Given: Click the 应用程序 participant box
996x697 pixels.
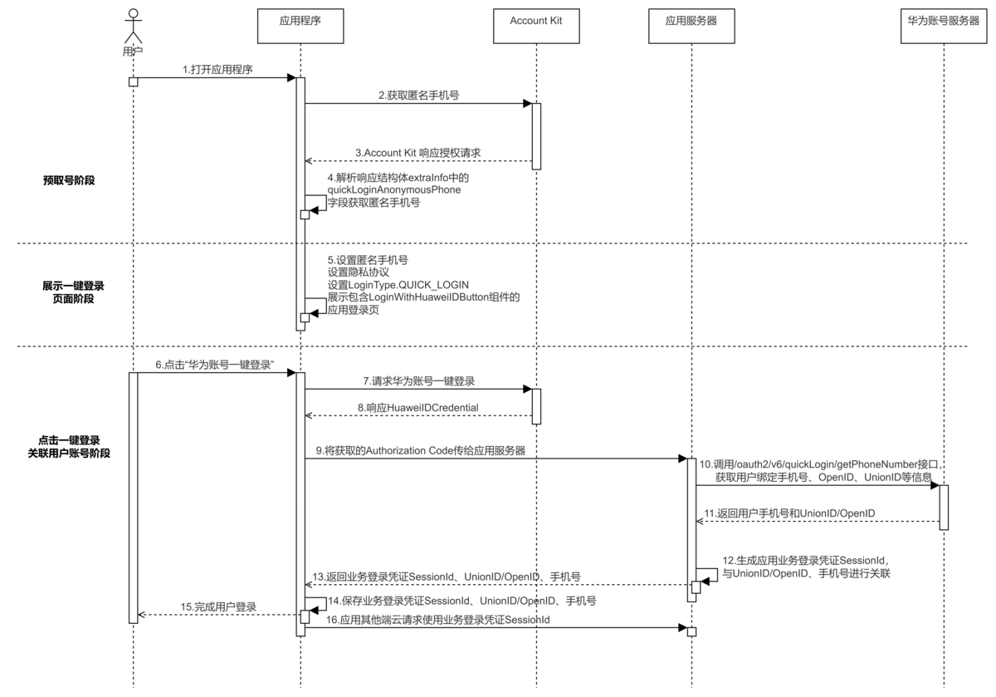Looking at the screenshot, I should [x=300, y=19].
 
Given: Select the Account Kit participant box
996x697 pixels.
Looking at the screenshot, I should [x=536, y=19].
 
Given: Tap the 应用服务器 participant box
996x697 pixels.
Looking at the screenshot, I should [x=691, y=19].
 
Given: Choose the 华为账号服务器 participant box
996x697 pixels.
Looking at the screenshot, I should [x=944, y=19].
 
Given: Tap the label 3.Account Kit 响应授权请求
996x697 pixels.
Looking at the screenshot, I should [x=417, y=153].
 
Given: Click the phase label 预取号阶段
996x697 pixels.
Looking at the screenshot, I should [x=68, y=179].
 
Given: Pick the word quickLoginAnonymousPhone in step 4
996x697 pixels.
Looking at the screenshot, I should [x=394, y=189].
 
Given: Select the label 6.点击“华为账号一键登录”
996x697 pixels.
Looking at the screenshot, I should [x=215, y=365].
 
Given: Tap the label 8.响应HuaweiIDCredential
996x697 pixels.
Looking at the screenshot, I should [x=417, y=407].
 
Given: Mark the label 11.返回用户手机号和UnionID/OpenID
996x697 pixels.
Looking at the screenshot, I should [x=788, y=513].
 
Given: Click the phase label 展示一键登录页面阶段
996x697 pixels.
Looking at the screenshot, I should [x=74, y=291].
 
